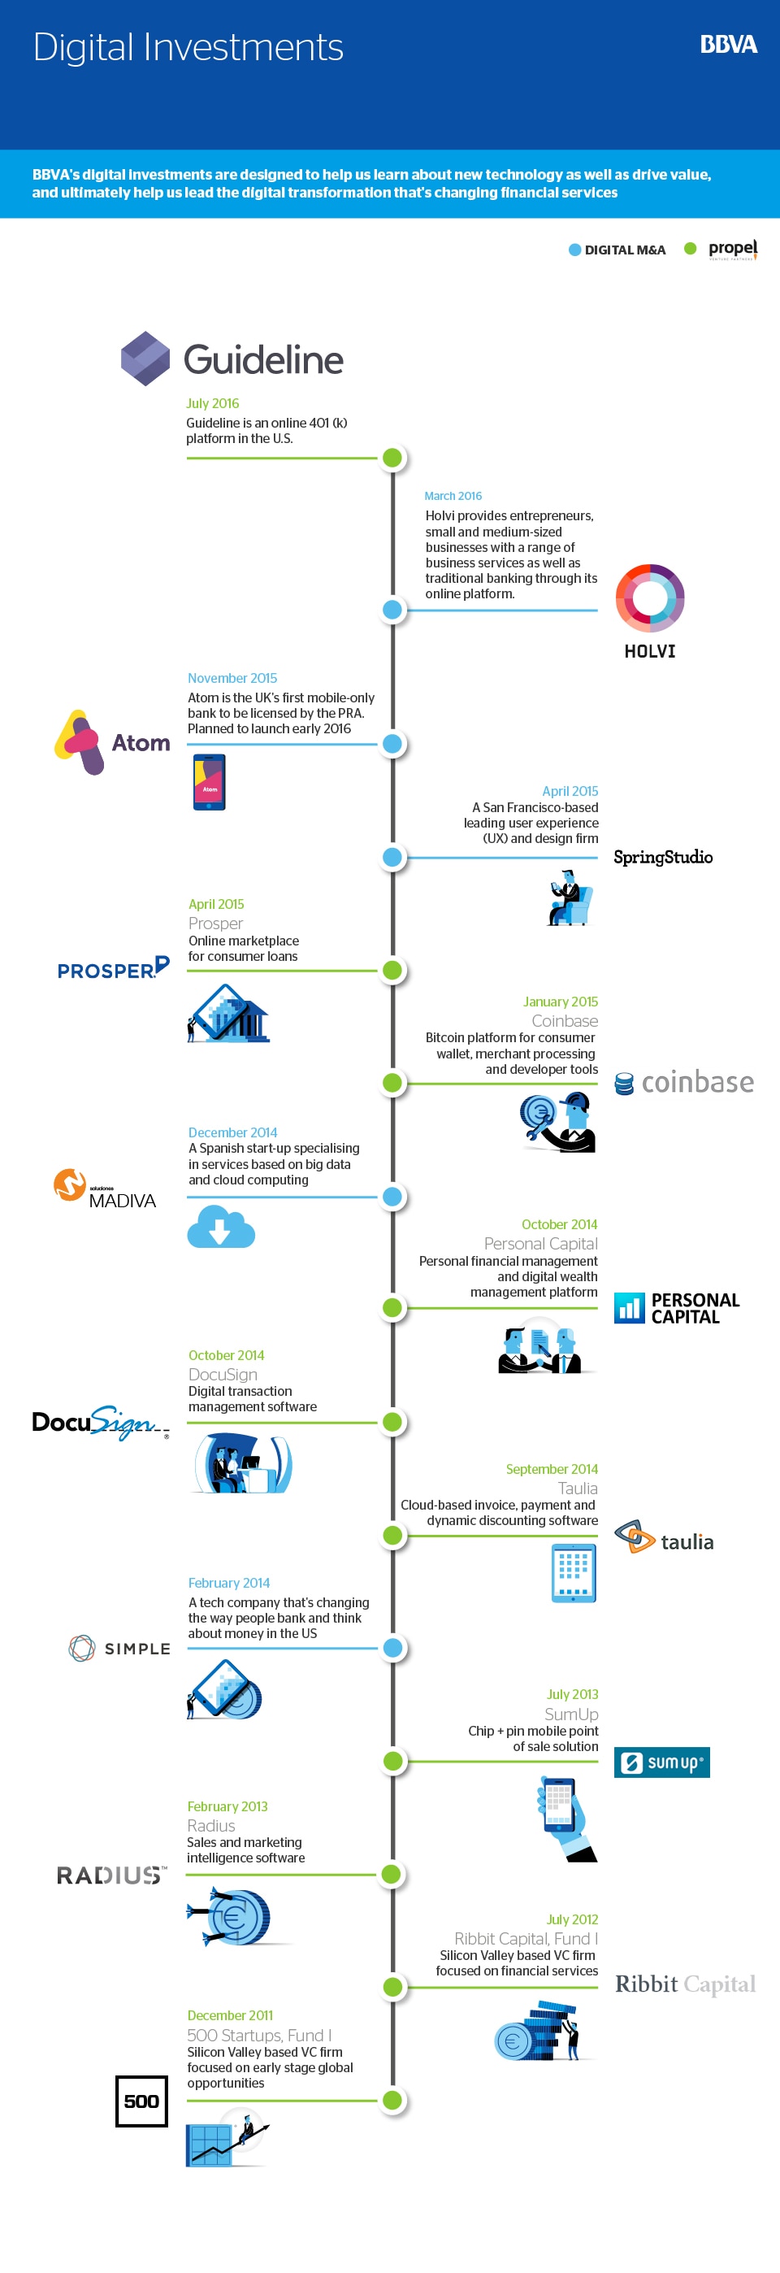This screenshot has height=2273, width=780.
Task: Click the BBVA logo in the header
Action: (x=728, y=45)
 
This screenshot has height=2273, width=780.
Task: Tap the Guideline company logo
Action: (x=232, y=359)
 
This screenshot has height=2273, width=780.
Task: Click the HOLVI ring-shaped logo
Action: (x=650, y=598)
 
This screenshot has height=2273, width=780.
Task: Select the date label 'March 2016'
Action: (x=453, y=496)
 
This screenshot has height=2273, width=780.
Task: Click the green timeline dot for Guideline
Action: (x=392, y=458)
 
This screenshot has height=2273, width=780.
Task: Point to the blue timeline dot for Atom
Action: (x=392, y=744)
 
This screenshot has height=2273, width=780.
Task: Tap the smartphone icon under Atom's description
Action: (x=209, y=782)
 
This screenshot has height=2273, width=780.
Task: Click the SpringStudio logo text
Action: (x=663, y=857)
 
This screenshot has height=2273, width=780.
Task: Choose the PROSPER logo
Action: (x=113, y=968)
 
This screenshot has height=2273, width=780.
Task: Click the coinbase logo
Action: (x=684, y=1082)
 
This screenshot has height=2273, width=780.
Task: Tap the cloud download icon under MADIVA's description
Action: (x=220, y=1226)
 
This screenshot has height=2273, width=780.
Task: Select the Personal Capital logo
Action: (x=677, y=1308)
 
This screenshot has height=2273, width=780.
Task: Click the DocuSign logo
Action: (x=100, y=1423)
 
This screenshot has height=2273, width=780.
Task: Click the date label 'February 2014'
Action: (x=228, y=1583)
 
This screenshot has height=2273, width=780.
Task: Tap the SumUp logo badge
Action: (x=661, y=1762)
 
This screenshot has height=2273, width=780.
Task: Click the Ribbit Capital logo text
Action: (x=686, y=1984)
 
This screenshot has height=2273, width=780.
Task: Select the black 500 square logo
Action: (x=141, y=2101)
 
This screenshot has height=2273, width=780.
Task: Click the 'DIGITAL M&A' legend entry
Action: (x=617, y=250)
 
